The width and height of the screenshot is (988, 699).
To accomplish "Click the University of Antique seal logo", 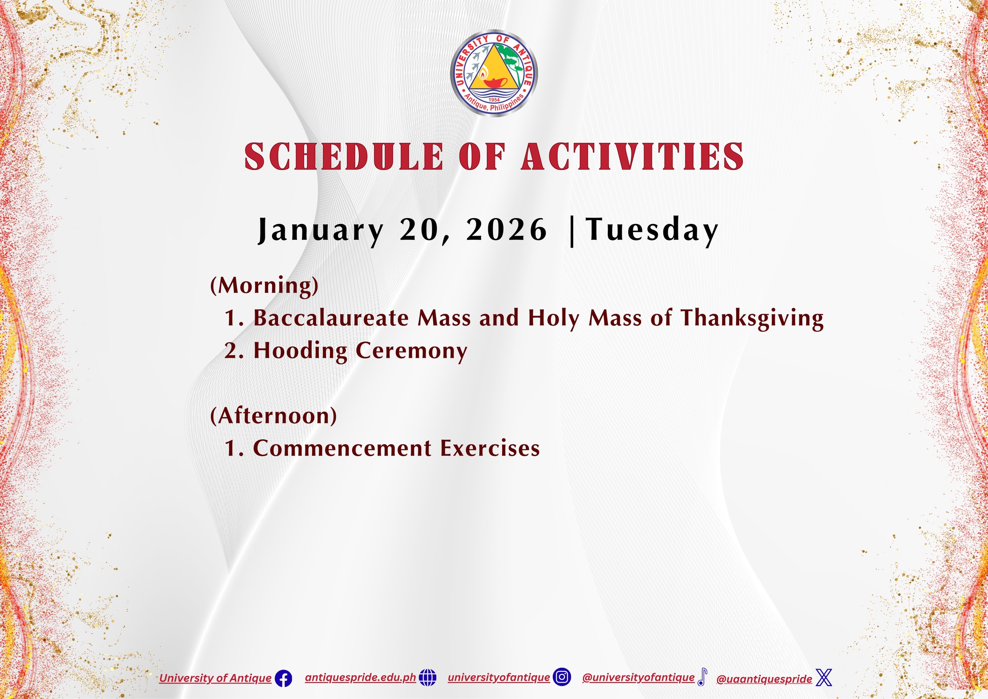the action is click(x=494, y=73).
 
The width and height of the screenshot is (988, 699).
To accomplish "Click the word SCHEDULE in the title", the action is click(x=343, y=156).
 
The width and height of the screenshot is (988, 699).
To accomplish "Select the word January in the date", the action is click(x=320, y=230).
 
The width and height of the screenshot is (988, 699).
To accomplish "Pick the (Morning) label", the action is click(x=264, y=286).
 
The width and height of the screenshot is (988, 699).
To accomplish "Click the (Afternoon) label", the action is click(x=274, y=416).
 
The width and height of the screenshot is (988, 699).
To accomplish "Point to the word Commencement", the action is click(x=342, y=448).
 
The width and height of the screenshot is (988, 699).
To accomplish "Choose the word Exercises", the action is click(x=490, y=448).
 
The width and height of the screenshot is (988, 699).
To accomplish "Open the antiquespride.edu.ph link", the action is click(x=360, y=678).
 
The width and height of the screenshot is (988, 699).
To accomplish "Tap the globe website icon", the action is click(x=427, y=678).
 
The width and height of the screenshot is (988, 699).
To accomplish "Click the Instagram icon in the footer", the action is click(x=562, y=677).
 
